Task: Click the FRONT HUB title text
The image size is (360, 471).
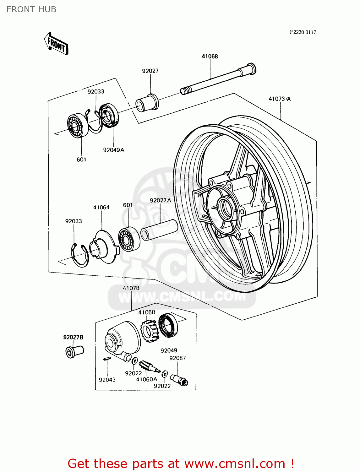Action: [31, 9]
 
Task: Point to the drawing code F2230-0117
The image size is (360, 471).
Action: [303, 32]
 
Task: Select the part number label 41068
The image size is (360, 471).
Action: [210, 57]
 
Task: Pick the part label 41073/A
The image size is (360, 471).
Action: [280, 99]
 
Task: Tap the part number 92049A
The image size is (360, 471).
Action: [113, 150]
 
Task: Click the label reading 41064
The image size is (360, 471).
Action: [101, 208]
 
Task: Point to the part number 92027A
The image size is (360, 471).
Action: [160, 201]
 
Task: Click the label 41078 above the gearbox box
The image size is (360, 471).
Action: [131, 288]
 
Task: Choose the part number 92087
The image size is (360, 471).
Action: [177, 358]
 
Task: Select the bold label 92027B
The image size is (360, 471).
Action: [73, 338]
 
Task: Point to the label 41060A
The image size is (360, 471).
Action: [146, 379]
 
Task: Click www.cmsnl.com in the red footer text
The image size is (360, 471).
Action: [234, 463]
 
